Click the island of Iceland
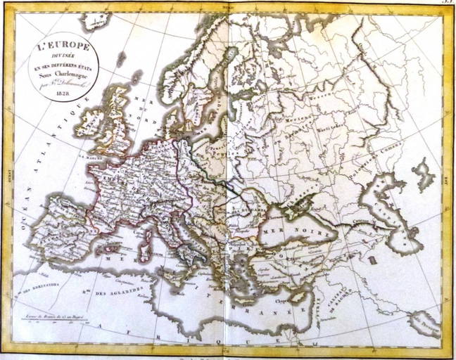[x=95, y=21]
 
